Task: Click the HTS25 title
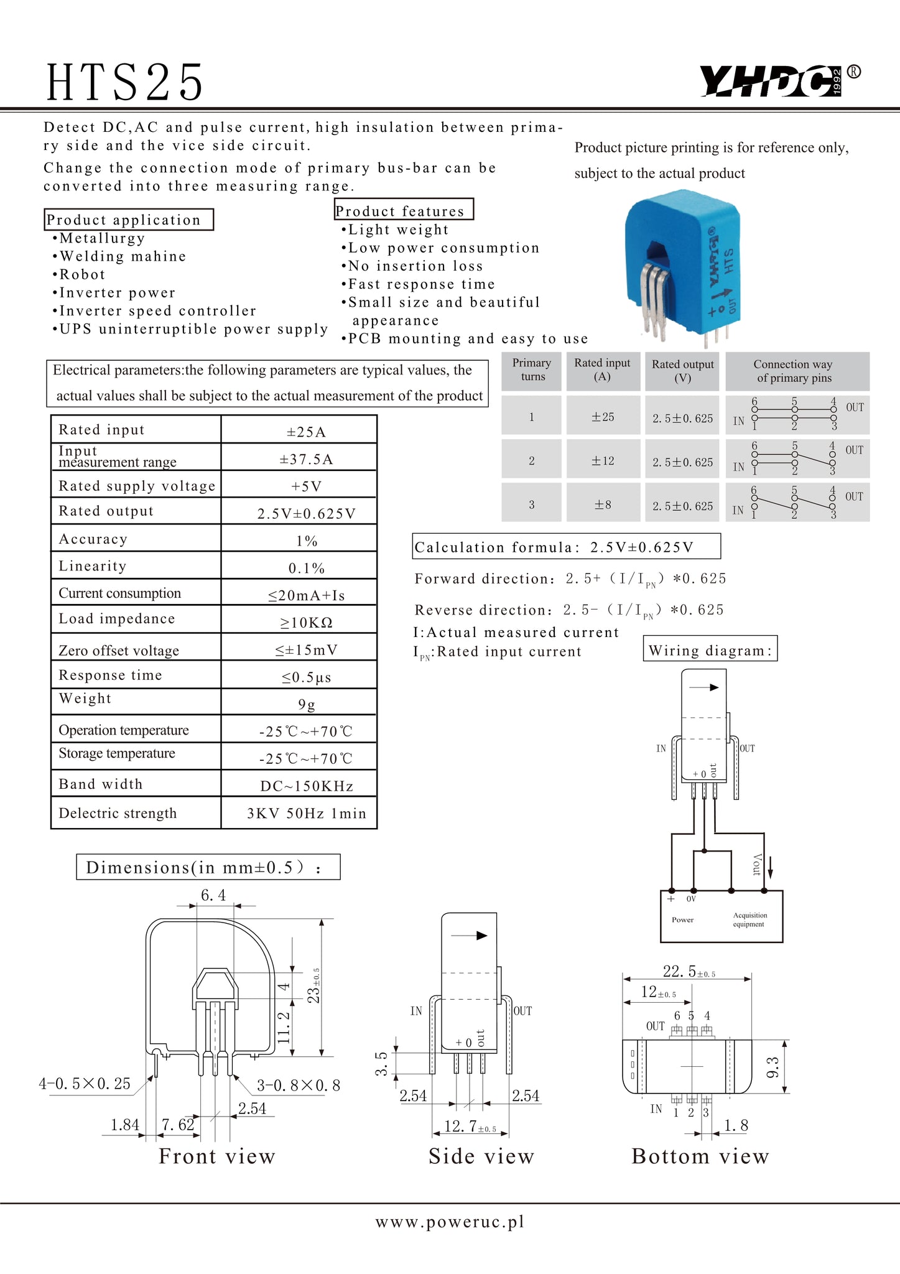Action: tap(124, 83)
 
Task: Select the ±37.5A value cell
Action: tap(306, 459)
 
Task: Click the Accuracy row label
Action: tap(93, 539)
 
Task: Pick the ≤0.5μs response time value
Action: tap(306, 677)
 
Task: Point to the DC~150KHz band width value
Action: tap(307, 786)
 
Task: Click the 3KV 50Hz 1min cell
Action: tap(307, 813)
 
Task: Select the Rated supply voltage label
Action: tap(137, 486)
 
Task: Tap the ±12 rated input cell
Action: tap(602, 461)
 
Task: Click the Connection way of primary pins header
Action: tap(794, 371)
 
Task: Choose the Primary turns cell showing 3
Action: tap(532, 504)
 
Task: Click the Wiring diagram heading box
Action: tap(710, 651)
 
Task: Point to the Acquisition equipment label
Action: tap(749, 919)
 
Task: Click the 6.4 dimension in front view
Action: tap(213, 895)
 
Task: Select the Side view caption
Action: tap(481, 1156)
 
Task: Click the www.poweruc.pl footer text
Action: tap(450, 1222)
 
